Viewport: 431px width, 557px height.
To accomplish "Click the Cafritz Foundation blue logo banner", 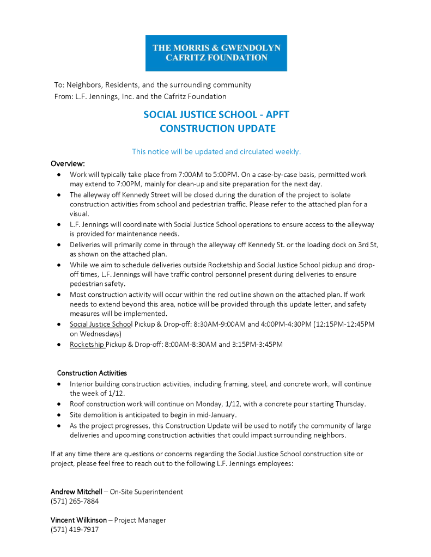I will (216, 53).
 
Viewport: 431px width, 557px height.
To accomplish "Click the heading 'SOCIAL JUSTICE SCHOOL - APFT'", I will (216, 114).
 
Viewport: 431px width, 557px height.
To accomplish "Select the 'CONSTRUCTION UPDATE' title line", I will (217, 128).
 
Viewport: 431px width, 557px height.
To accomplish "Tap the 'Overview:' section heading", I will (68, 163).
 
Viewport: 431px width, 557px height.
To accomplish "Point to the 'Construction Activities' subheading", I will (92, 373).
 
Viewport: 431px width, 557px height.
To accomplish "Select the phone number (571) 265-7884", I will (75, 501).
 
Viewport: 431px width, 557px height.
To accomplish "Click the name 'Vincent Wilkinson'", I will (78, 520).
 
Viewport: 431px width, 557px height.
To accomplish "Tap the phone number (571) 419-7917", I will (75, 529).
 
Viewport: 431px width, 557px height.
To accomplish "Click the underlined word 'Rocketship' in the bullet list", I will (87, 344).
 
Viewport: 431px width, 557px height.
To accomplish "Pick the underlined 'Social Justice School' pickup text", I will (101, 324).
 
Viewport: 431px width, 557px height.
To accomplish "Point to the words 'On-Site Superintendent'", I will (147, 492).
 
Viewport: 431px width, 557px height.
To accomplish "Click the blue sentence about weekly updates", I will (216, 151).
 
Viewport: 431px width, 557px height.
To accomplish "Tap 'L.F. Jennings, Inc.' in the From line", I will (104, 96).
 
